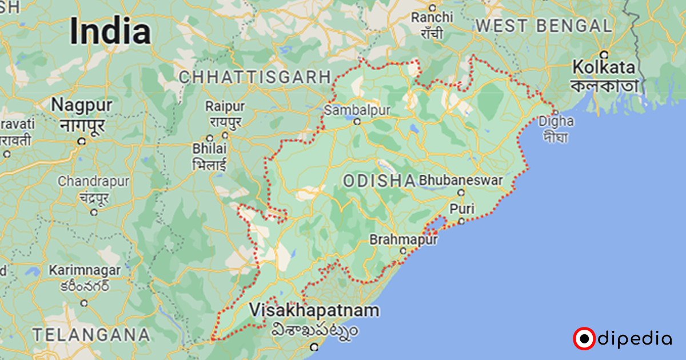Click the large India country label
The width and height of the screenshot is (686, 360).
(110, 31)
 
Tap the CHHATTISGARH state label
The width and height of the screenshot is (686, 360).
(255, 77)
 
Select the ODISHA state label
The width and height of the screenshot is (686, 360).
(379, 181)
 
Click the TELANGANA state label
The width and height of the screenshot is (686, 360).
(91, 334)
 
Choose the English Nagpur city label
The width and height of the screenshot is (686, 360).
(82, 105)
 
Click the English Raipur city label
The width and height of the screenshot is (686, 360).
(225, 106)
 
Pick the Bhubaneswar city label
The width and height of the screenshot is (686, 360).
(461, 181)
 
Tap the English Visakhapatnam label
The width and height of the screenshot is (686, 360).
(314, 310)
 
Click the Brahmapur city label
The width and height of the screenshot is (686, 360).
(404, 239)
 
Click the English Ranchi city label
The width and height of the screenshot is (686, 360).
(432, 18)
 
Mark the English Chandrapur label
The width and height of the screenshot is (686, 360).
(93, 181)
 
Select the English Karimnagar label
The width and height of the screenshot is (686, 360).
(85, 270)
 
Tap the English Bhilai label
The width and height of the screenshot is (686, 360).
(209, 148)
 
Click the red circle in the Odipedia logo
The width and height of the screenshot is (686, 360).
(584, 338)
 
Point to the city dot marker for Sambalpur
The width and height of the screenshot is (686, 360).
(357, 121)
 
